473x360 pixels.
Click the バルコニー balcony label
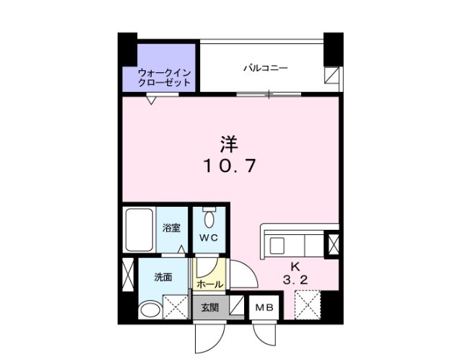tap(265, 68)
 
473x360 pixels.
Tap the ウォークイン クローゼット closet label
tap(165, 77)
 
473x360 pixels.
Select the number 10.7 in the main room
tap(229, 166)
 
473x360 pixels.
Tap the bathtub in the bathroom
tap(139, 230)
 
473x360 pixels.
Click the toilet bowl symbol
tap(209, 218)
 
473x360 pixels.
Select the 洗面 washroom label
tap(162, 277)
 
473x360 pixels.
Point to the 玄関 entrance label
tap(209, 307)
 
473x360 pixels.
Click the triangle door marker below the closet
tap(150, 100)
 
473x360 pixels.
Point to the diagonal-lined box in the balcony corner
tap(331, 76)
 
